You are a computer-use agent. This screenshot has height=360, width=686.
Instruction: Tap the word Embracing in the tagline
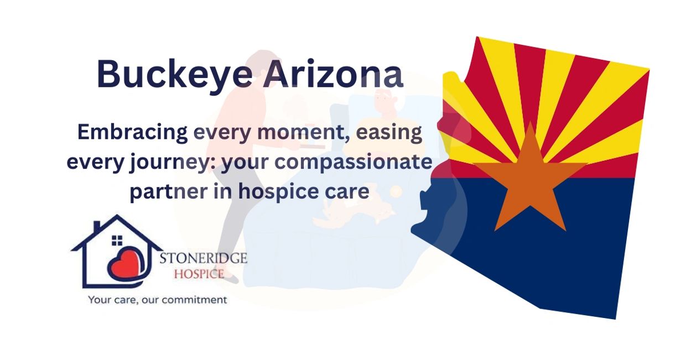[132, 133]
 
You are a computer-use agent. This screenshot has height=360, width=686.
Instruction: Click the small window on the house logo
[117, 241]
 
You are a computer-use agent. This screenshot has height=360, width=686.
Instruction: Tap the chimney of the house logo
[97, 227]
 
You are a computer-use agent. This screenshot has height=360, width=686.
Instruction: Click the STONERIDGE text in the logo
[204, 259]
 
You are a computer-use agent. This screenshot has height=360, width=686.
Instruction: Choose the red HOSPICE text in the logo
[199, 274]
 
